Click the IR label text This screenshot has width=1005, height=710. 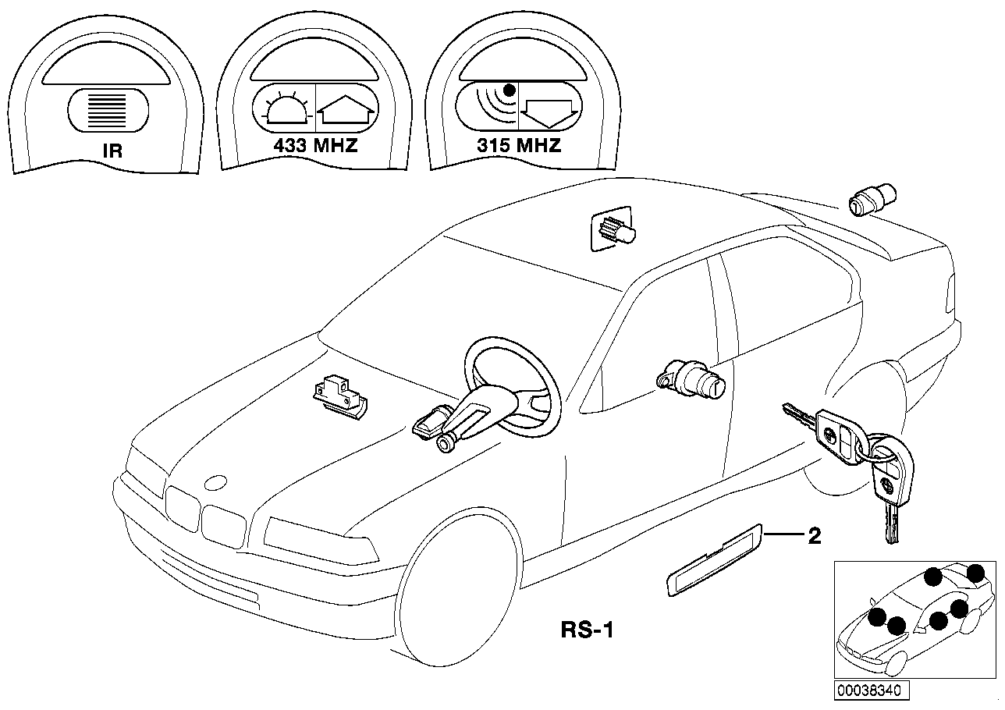tap(113, 150)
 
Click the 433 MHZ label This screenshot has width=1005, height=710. tap(315, 146)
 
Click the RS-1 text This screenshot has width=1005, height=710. tap(588, 629)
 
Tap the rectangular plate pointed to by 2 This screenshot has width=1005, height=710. tap(713, 560)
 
